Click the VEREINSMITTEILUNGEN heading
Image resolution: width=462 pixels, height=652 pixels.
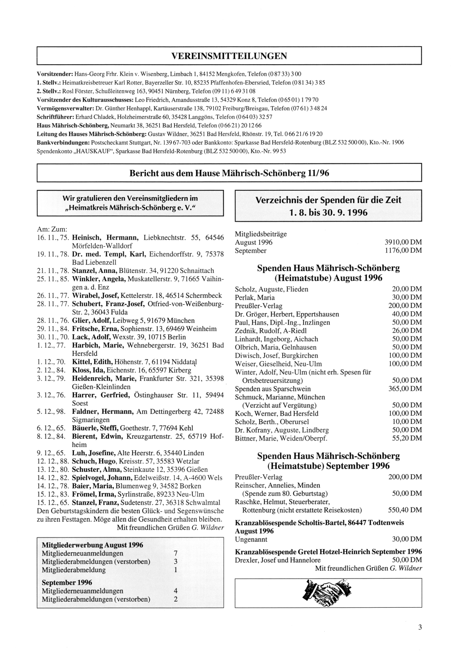click(x=229, y=56)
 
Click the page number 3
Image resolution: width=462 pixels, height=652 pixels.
click(x=419, y=627)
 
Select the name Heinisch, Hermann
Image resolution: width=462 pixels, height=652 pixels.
click(x=106, y=237)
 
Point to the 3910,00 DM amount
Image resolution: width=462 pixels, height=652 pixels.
click(x=403, y=242)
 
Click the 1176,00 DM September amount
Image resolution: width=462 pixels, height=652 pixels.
click(x=403, y=250)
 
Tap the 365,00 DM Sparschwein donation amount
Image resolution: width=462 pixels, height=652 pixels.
click(x=405, y=389)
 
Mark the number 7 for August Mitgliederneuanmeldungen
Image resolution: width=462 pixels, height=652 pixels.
click(x=175, y=553)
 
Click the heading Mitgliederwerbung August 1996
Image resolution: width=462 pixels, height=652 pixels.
click(x=92, y=544)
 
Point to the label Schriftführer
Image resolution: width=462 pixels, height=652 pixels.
click(x=55, y=116)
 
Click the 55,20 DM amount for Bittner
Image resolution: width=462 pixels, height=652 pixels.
click(x=407, y=438)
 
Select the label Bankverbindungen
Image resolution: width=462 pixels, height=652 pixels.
click(x=63, y=142)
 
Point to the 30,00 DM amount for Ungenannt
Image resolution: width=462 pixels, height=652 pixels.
click(x=407, y=539)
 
